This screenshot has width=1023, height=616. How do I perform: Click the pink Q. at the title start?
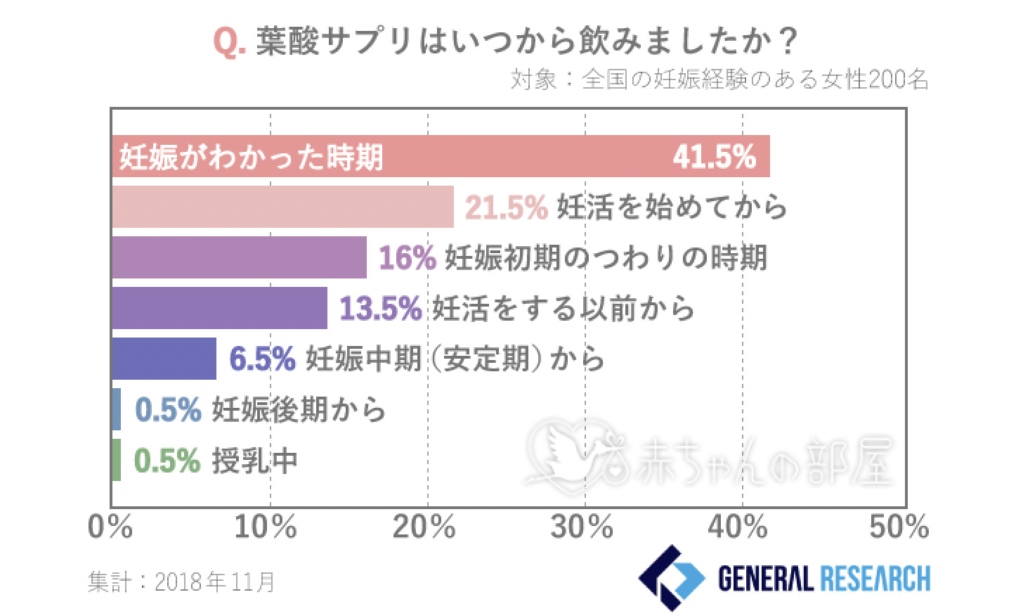(x=228, y=43)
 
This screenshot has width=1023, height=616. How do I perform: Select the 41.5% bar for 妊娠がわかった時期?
(x=441, y=156)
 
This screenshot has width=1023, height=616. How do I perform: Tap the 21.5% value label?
(x=506, y=207)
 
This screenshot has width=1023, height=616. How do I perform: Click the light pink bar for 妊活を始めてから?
(x=282, y=207)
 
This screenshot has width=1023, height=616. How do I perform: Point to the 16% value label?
(x=408, y=257)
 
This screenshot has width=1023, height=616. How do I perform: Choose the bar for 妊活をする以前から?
(x=219, y=308)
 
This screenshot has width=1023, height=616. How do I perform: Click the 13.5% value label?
(x=380, y=308)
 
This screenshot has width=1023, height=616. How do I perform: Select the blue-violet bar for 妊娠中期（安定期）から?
(x=164, y=359)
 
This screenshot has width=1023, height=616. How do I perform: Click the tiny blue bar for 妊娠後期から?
(x=116, y=409)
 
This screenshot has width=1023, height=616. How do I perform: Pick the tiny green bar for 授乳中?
(x=116, y=460)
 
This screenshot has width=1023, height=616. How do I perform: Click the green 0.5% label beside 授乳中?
(x=167, y=461)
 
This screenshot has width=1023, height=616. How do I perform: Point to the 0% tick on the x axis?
(x=110, y=527)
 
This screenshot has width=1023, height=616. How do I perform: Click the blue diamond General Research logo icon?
(x=670, y=578)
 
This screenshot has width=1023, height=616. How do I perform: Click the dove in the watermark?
(x=562, y=454)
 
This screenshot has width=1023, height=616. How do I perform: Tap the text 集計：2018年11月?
(x=181, y=582)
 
